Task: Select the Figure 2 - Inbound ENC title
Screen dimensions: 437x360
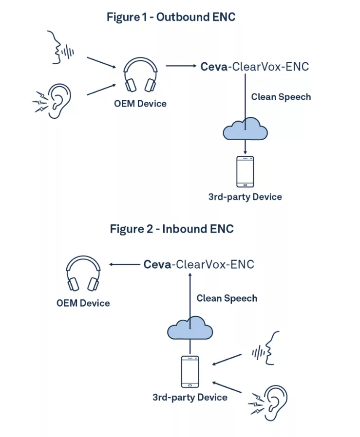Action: [x=171, y=229]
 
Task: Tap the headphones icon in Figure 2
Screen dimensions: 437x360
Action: [x=83, y=274]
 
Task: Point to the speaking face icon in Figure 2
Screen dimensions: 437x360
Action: [x=267, y=348]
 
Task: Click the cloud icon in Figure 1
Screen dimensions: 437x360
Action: [x=246, y=129]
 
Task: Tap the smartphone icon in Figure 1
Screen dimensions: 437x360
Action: [x=245, y=172]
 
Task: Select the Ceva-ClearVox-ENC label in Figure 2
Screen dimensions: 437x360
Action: [x=199, y=265]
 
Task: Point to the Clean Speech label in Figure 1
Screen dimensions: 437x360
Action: [x=281, y=96]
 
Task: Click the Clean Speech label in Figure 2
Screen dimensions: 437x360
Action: [x=227, y=298]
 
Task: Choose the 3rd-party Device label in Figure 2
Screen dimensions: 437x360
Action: [x=190, y=397]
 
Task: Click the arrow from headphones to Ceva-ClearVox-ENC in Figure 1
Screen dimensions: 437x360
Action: [x=180, y=65]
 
